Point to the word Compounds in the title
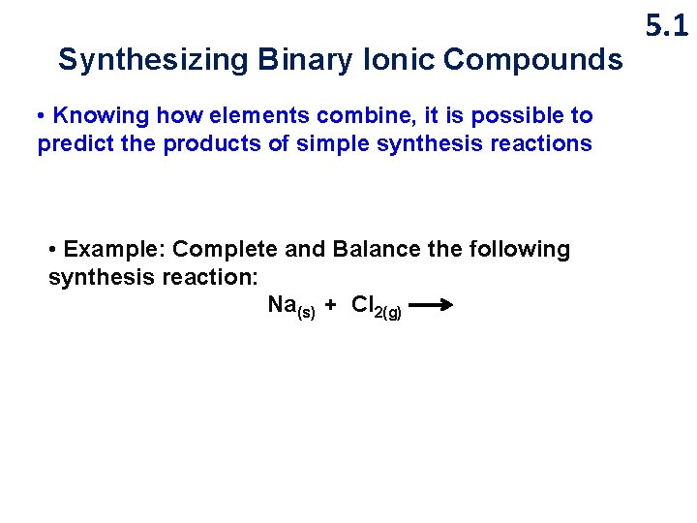(x=533, y=61)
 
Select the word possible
(x=502, y=116)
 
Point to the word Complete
(x=226, y=249)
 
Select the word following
(x=519, y=249)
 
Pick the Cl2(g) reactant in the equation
(x=377, y=307)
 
